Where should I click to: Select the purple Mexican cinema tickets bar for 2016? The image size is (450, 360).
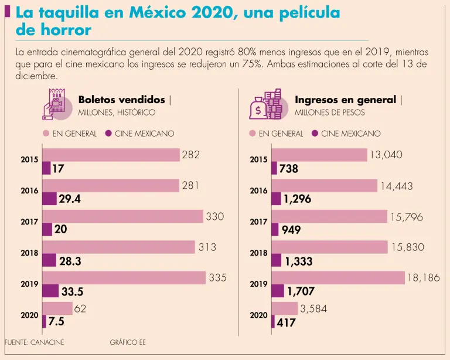[49, 199]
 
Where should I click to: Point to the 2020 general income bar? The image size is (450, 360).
[285, 308]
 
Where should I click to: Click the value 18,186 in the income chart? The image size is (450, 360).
[423, 278]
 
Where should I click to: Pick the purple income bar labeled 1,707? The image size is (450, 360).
[278, 291]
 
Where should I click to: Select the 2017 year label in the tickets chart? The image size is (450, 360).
[29, 222]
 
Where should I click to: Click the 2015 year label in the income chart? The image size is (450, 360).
[258, 159]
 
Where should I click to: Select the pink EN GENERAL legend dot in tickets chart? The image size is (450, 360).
[46, 134]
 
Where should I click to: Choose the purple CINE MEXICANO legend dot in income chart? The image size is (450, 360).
[315, 134]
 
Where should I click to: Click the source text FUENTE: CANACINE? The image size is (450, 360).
[33, 342]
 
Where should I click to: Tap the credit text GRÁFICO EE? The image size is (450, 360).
[127, 342]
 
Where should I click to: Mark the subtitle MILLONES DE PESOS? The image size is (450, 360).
[330, 112]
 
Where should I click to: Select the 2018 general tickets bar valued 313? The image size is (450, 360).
[119, 247]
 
